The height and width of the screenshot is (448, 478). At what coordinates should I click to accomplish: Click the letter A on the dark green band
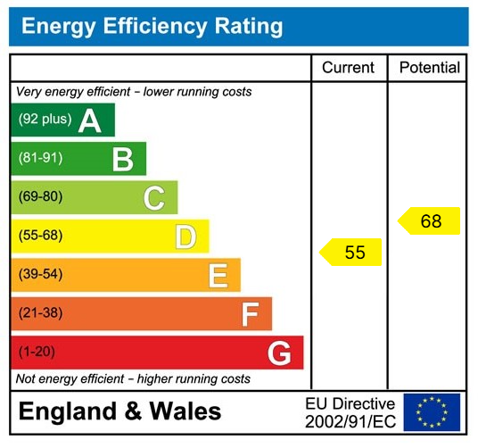90,120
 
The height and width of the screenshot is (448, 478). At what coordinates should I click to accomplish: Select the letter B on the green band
122,159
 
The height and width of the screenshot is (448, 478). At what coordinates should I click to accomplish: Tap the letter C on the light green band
154,197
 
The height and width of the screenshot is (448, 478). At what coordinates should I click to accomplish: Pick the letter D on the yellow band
185,236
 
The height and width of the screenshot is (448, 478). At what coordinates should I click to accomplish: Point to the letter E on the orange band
218,275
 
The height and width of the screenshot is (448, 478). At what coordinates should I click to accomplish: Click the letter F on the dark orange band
250,314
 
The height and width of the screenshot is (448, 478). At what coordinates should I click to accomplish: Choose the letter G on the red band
279,353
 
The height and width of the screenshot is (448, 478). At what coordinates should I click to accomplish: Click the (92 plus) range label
45,120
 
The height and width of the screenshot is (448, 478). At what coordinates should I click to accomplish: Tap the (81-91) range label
41,159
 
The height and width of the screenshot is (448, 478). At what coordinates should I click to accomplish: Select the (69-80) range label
41,197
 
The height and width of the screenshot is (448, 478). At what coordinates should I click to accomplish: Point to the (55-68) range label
41,236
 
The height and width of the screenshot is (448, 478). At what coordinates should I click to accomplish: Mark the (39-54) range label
41,275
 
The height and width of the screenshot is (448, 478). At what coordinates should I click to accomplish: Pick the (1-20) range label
37,353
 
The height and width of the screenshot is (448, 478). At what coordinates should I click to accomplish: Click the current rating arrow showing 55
351,253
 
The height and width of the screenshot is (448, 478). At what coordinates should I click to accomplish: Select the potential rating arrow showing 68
429,221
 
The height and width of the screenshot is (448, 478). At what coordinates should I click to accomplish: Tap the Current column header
348,68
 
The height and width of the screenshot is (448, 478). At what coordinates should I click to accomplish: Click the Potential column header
429,68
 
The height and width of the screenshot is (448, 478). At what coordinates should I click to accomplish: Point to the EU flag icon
432,411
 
